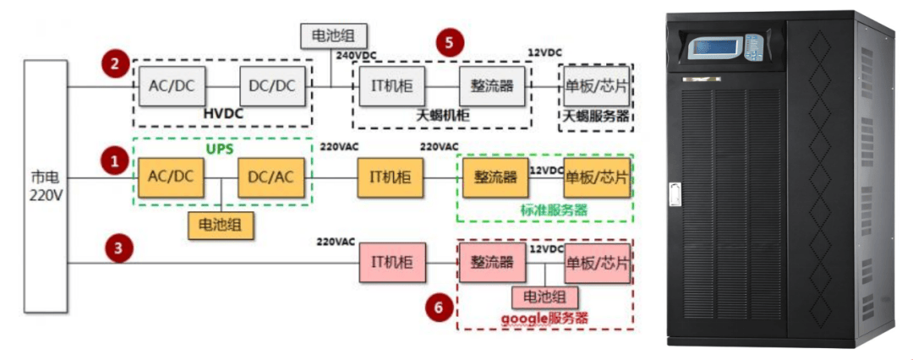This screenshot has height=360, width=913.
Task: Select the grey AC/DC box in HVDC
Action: click(172, 86)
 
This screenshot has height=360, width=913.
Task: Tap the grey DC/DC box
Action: click(273, 86)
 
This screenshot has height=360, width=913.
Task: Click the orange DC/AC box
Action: click(271, 177)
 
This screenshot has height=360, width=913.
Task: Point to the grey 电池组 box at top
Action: click(334, 36)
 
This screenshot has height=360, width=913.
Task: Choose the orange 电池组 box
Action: click(221, 225)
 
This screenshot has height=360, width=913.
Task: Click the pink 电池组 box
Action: click(545, 297)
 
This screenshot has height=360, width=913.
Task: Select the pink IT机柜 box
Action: click(393, 263)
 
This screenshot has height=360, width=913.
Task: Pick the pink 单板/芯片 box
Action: click(597, 263)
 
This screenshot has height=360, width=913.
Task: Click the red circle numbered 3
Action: click(119, 248)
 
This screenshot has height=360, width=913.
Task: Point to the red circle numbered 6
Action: click(440, 308)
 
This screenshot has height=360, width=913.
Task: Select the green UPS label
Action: click(220, 149)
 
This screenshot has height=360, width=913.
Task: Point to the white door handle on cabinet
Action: click(675, 194)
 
